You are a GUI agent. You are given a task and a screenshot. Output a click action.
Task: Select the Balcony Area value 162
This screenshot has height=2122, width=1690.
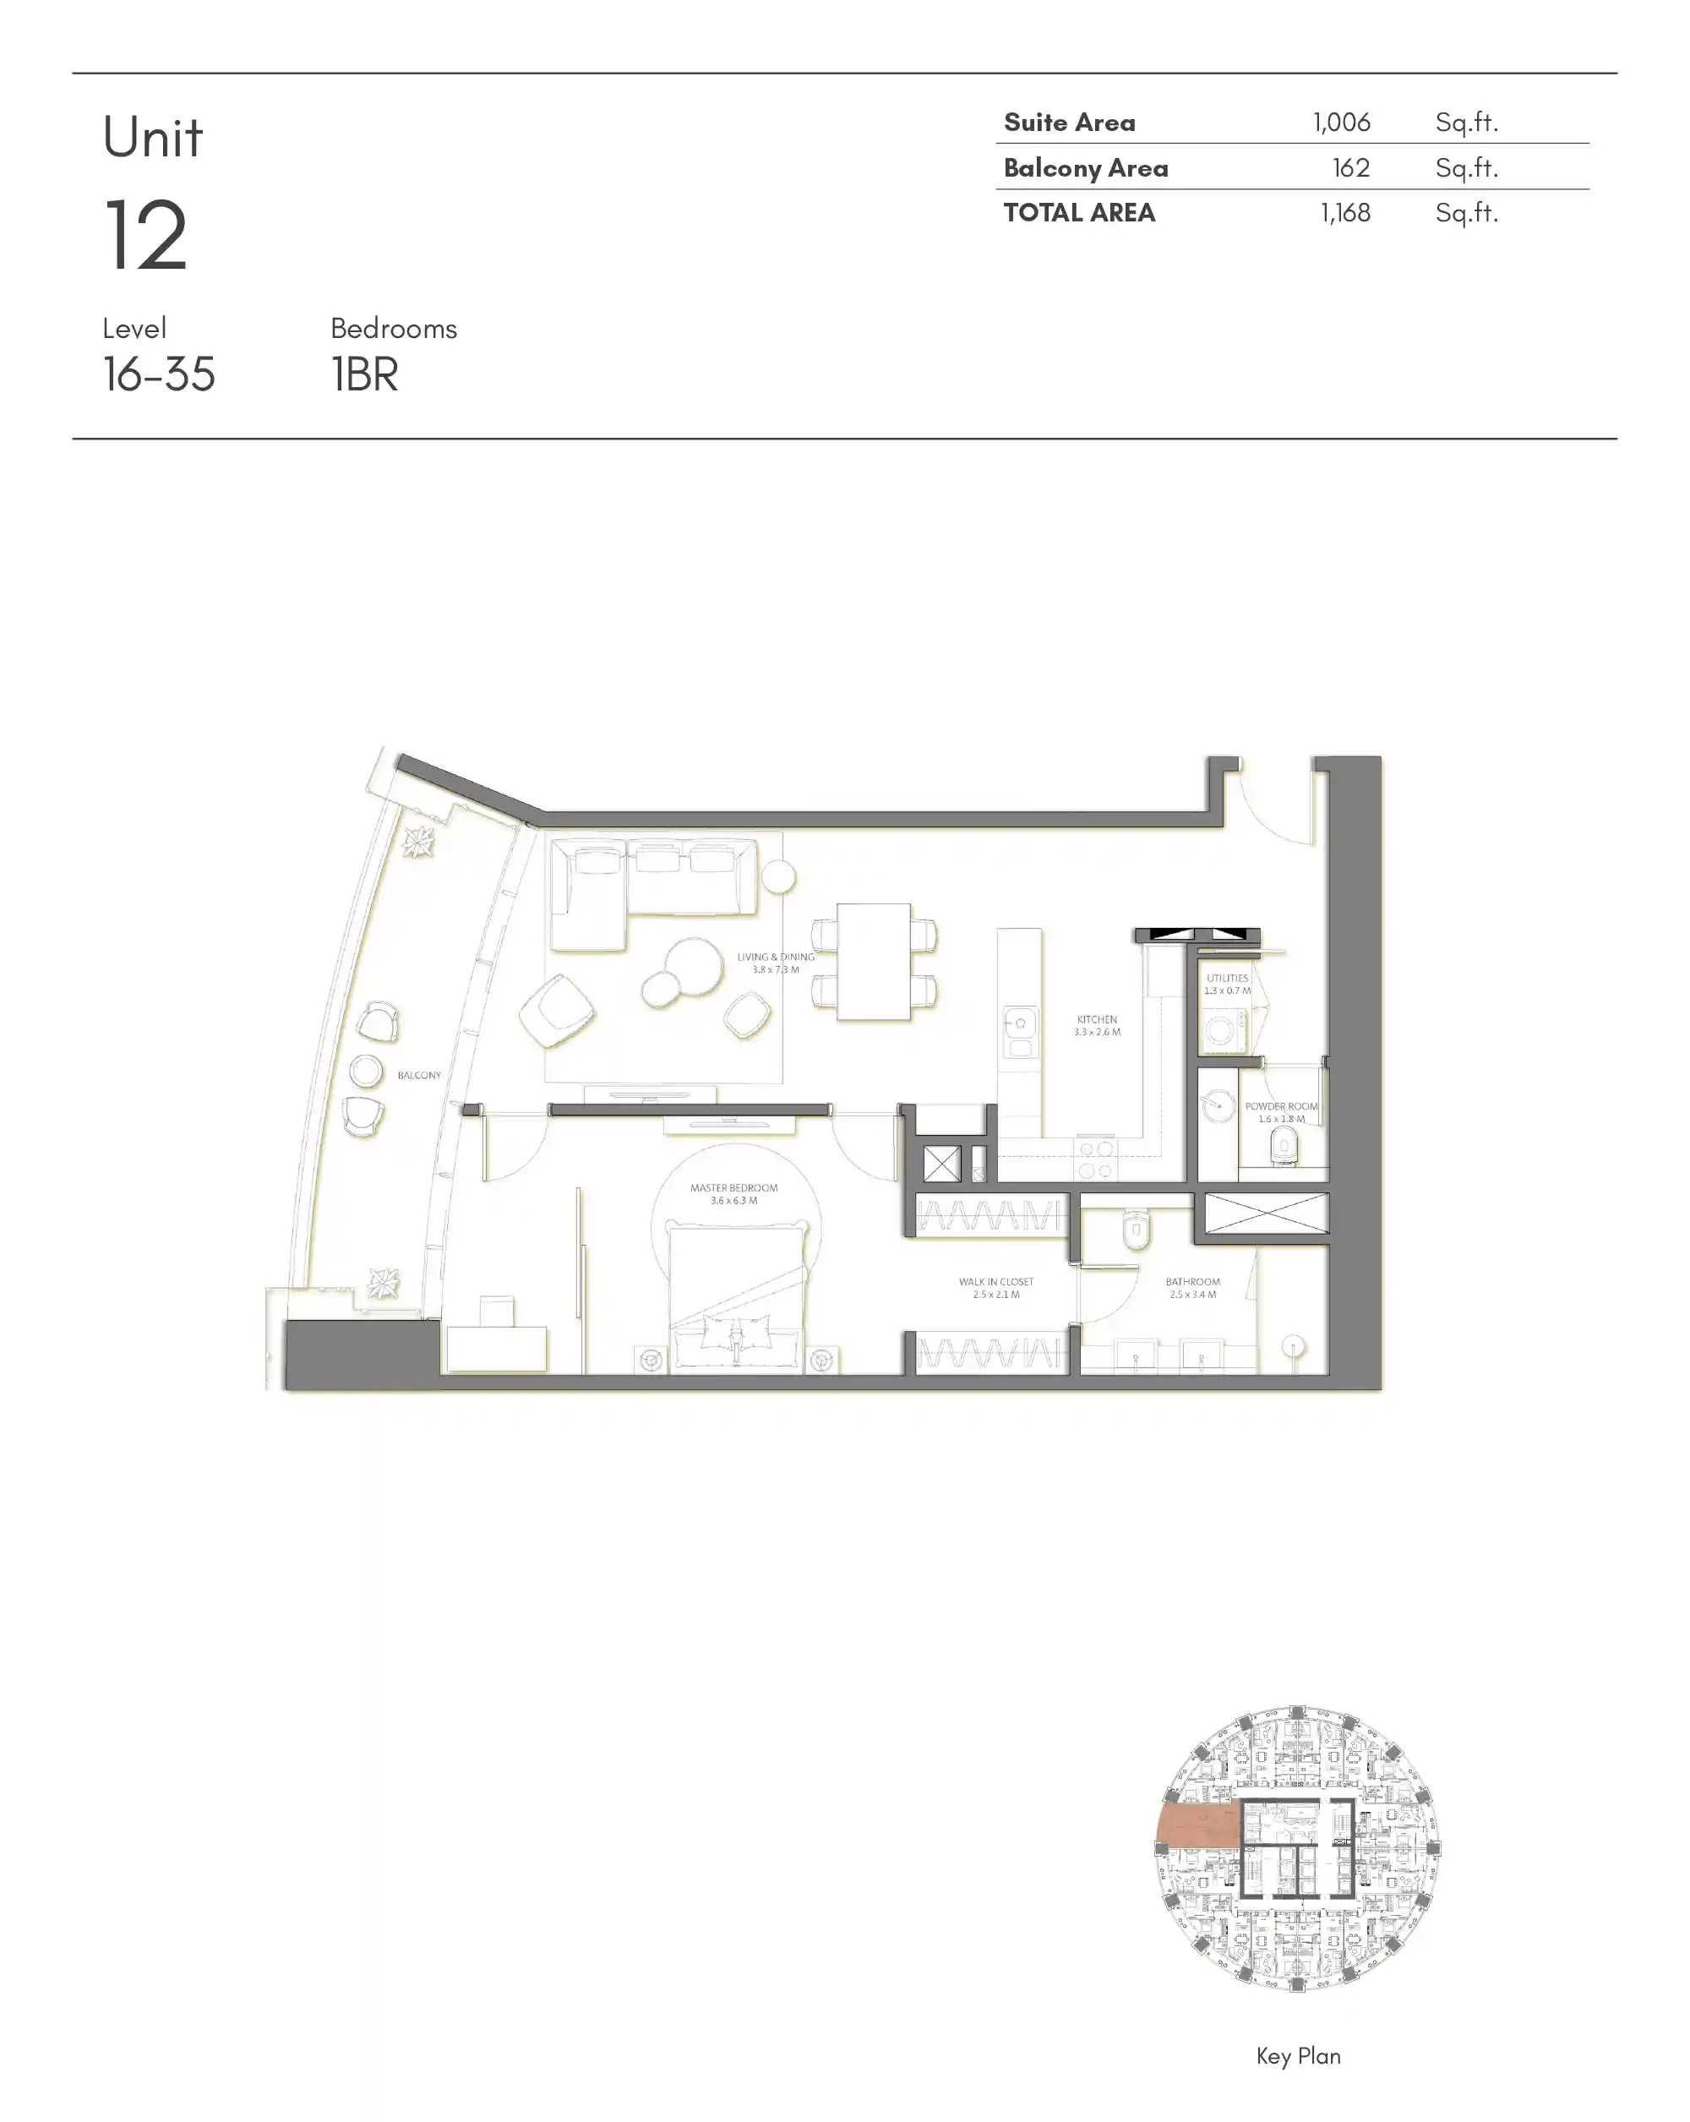click(x=1350, y=168)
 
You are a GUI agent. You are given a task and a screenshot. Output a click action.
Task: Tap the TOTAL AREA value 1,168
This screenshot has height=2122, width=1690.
click(x=1344, y=213)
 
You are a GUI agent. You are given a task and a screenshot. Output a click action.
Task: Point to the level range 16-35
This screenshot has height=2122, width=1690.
click(x=159, y=375)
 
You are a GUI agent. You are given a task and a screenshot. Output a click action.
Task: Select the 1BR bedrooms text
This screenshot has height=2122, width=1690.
click(x=364, y=375)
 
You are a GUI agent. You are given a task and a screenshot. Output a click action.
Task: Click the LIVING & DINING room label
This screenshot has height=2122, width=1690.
click(x=776, y=957)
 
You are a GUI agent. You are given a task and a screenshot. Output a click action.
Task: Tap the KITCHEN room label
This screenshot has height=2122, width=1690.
click(x=1097, y=1020)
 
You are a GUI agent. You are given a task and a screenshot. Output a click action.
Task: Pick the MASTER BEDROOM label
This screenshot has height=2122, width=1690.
click(x=733, y=1188)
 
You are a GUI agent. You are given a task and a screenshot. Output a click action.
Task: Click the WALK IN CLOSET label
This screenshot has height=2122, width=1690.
click(x=996, y=1281)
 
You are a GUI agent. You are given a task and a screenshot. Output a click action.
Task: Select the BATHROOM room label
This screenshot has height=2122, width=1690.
click(x=1192, y=1281)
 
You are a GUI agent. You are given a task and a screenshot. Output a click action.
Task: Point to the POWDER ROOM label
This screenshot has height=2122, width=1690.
click(x=1279, y=1106)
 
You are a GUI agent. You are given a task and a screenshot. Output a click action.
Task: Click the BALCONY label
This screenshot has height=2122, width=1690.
click(x=418, y=1075)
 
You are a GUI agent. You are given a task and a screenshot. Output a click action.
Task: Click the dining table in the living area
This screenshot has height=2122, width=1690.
click(x=873, y=962)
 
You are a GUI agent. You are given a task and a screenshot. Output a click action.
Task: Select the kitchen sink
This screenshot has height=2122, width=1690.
click(x=1020, y=1024)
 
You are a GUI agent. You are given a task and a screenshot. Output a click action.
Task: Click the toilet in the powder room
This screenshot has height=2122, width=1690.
click(x=1284, y=1144)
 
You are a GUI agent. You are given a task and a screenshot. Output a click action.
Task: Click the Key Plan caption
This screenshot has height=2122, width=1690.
click(x=1297, y=2055)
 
